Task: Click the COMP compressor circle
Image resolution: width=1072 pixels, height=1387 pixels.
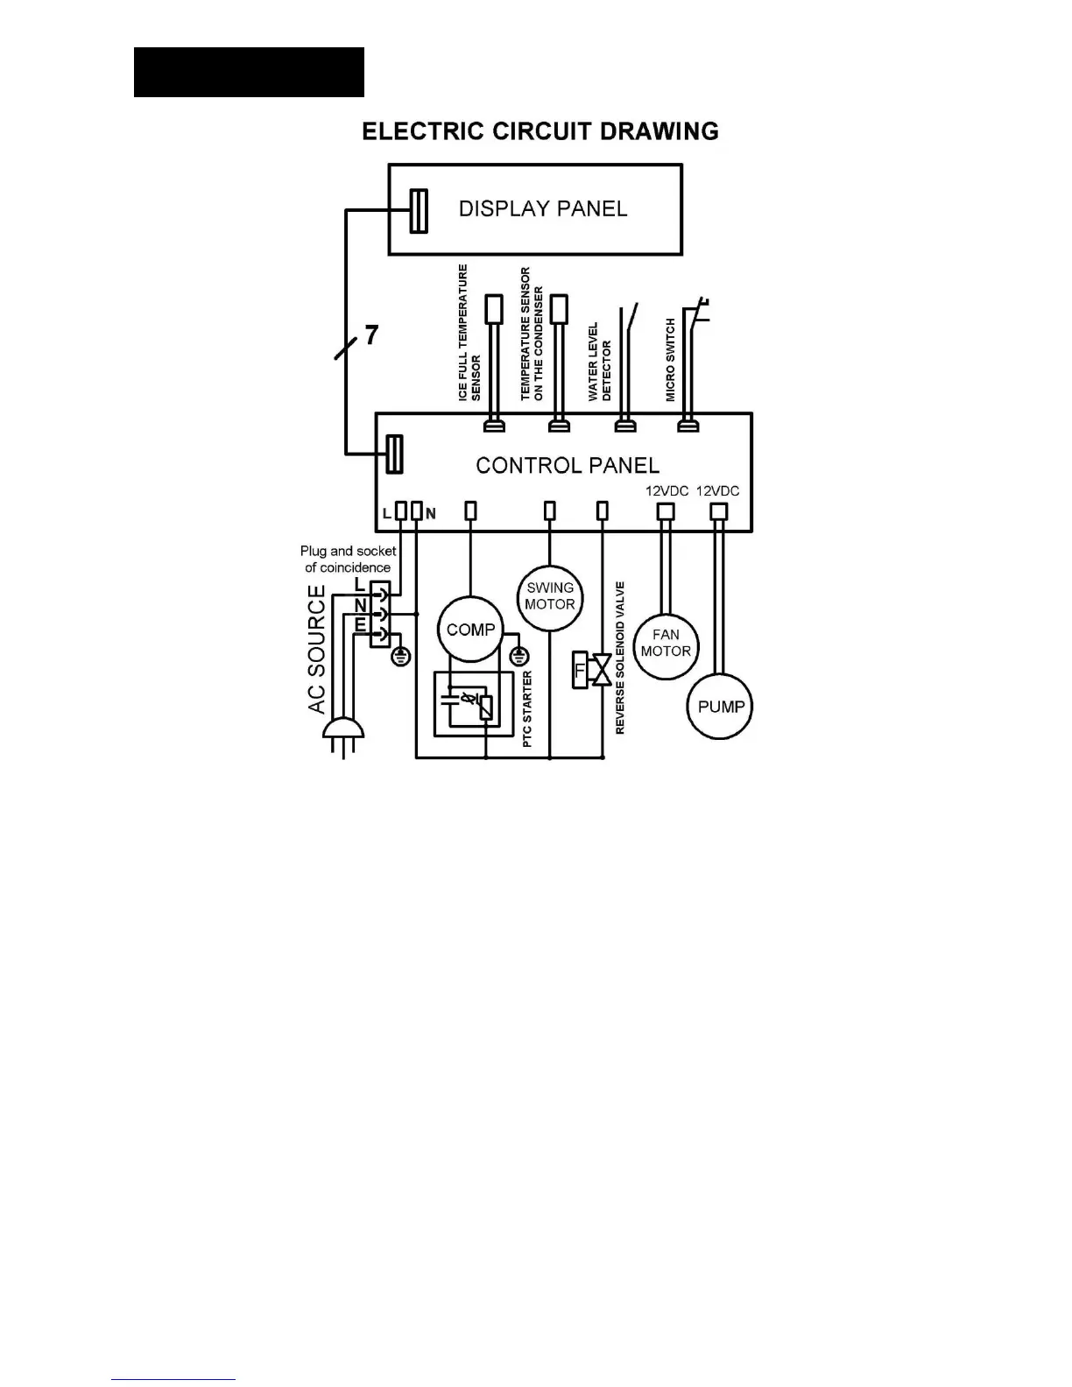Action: (470, 629)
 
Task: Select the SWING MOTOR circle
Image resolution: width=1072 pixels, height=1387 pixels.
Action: (550, 596)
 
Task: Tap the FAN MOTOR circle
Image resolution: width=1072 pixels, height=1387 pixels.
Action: (666, 644)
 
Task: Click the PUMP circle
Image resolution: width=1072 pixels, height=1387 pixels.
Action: (721, 707)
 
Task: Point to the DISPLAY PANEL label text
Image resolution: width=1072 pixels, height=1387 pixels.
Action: (543, 208)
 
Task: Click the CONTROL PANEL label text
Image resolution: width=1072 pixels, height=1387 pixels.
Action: (568, 465)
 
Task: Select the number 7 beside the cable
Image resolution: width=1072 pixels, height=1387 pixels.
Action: (372, 334)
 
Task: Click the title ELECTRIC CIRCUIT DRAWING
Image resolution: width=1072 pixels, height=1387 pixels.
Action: (540, 131)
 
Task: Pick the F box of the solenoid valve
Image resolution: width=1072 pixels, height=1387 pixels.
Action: (580, 670)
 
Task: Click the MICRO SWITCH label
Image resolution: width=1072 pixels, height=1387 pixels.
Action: (671, 360)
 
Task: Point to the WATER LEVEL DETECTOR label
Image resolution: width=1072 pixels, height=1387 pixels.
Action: (599, 362)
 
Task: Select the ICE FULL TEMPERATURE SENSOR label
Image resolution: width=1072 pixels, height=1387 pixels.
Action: (469, 334)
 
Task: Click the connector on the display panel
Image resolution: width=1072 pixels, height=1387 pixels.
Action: (419, 211)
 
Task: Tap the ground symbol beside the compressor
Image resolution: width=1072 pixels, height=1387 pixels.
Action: (519, 656)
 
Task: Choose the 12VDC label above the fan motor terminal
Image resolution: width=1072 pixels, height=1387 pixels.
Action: (667, 491)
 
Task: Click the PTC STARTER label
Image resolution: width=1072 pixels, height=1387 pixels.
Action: (527, 709)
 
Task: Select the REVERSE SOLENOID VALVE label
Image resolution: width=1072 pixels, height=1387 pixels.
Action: (620, 657)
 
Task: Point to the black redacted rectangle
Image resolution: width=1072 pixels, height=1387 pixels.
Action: (249, 72)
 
